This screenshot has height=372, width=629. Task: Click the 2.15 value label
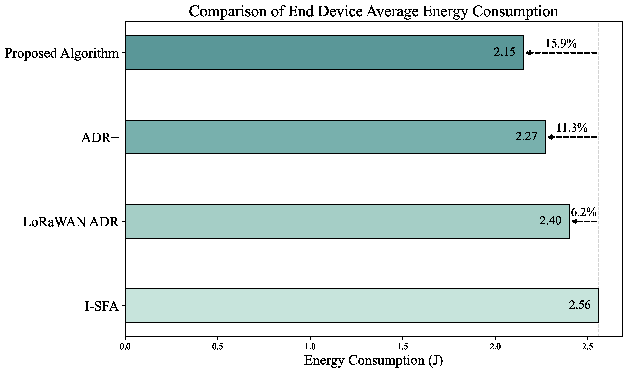point(504,52)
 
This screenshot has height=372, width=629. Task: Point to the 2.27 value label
point(526,136)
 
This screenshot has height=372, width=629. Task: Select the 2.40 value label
point(550,220)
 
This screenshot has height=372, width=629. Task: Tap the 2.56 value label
point(579,305)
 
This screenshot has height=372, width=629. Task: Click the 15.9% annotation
point(561,44)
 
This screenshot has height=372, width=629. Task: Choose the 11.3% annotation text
point(572,128)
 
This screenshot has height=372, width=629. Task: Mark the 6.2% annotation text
point(584,213)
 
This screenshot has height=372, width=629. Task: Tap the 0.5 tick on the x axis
point(217,347)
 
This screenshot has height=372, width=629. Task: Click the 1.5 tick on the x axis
point(402,347)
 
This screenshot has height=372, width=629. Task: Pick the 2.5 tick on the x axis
point(587,347)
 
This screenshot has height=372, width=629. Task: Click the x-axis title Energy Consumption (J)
point(373,361)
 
